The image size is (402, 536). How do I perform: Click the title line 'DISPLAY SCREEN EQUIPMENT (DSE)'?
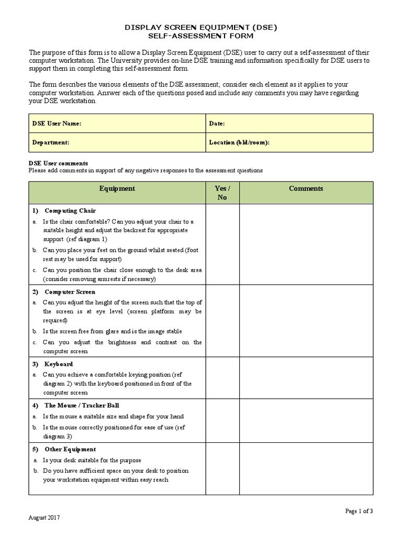coord(201,27)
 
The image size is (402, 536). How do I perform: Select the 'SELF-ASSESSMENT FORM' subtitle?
coord(201,36)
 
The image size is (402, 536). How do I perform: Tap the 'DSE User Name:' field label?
coord(57,124)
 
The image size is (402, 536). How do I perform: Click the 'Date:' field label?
coord(217,124)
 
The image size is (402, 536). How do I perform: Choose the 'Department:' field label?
coord(51,142)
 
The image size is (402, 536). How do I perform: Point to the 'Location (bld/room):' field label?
coord(239,142)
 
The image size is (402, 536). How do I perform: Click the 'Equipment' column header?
coord(117,188)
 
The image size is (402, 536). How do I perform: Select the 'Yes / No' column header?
coord(222,193)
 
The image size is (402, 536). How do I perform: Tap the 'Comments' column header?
coord(306,188)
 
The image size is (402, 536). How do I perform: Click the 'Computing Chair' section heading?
coord(70,210)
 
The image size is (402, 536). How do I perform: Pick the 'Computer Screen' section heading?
coord(70,292)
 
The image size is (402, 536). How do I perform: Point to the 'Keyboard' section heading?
coord(59,364)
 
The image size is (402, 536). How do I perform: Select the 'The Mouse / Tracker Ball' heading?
coord(78,405)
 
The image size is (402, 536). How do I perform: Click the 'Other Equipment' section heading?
coord(70,449)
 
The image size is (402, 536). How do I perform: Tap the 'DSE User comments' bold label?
coord(58,163)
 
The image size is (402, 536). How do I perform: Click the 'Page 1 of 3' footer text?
coord(359,511)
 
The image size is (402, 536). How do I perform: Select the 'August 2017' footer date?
coord(44,518)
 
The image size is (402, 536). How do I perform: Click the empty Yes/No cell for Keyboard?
coord(222,377)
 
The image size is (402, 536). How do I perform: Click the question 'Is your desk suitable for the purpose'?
coord(92,460)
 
